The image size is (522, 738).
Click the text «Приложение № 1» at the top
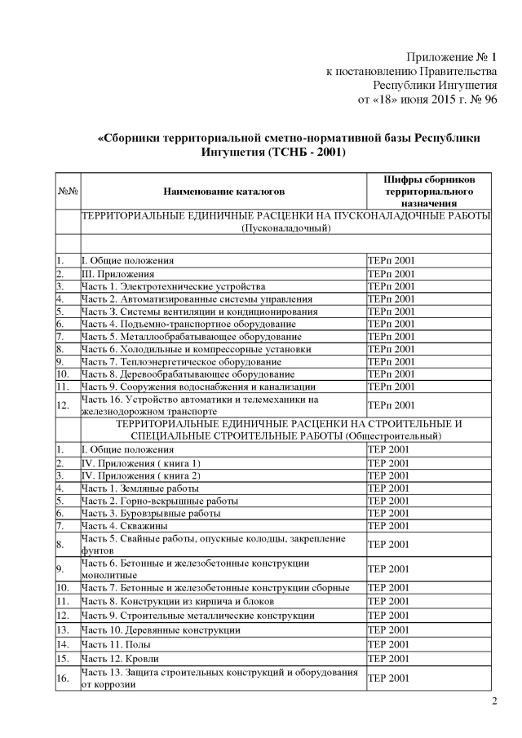click(451, 57)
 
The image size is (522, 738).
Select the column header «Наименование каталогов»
click(224, 192)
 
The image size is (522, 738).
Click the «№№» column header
click(68, 192)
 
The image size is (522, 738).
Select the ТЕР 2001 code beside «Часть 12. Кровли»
click(390, 658)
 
